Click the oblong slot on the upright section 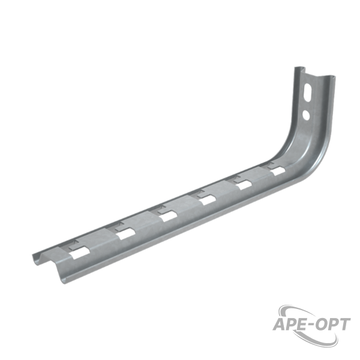click(x=307, y=92)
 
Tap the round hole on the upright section click(x=306, y=115)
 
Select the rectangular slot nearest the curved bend click(x=277, y=171)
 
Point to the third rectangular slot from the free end click(x=169, y=216)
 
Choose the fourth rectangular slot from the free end click(x=208, y=200)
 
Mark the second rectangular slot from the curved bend click(x=244, y=185)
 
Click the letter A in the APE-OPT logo click(x=280, y=325)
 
